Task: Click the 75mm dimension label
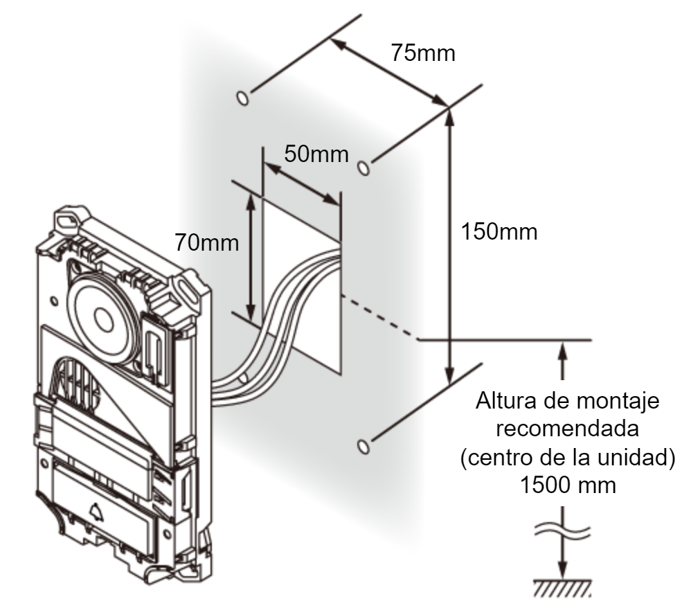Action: pyautogui.click(x=422, y=53)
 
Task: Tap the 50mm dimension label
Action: pyautogui.click(x=316, y=154)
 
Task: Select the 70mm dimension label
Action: pyautogui.click(x=207, y=242)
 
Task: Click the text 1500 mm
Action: pyautogui.click(x=568, y=485)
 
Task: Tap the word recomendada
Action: pyautogui.click(x=568, y=429)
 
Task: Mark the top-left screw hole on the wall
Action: pyautogui.click(x=242, y=98)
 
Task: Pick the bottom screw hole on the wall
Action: pyautogui.click(x=363, y=446)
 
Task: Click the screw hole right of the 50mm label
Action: pyautogui.click(x=363, y=168)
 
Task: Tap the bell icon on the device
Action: pyautogui.click(x=96, y=510)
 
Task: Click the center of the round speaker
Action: pyautogui.click(x=103, y=319)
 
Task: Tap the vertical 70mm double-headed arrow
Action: pyautogui.click(x=251, y=258)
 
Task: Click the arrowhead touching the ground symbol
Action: pyautogui.click(x=562, y=570)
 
